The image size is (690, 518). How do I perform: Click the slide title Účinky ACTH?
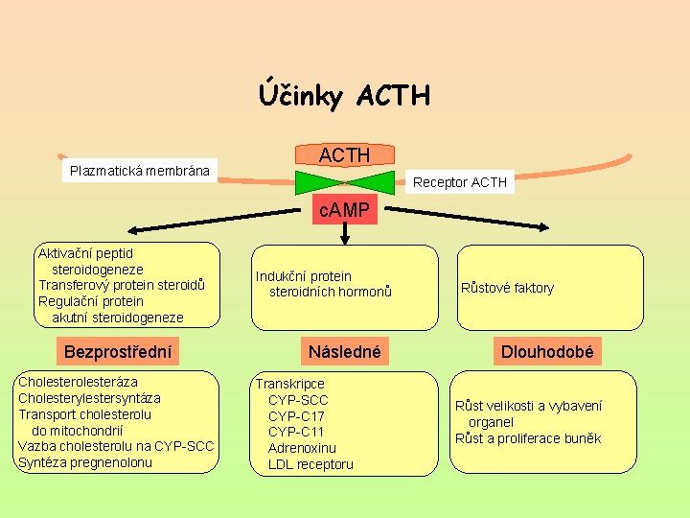pos(344,96)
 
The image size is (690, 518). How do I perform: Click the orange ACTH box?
pos(344,155)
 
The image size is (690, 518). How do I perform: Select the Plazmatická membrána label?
pos(140,172)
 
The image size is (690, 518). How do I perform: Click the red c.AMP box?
pos(344,210)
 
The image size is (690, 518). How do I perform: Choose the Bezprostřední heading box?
pos(118,352)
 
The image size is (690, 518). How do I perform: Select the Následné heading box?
pos(344,352)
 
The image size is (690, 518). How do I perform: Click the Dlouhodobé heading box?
pos(546,352)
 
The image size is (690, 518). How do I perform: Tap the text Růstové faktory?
pos(507,288)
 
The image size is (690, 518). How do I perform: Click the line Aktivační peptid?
pos(85,254)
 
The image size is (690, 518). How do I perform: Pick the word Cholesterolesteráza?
pos(78,382)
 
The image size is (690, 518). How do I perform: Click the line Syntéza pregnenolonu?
pos(85,462)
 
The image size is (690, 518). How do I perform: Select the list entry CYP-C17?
pos(296,416)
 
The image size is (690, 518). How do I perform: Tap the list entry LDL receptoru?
pos(310,464)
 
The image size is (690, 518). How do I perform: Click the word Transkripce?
pos(289,384)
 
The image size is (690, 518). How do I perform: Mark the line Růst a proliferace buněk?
pos(528,438)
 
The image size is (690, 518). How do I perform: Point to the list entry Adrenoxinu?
pos(302,448)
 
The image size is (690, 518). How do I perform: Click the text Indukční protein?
pos(303,276)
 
